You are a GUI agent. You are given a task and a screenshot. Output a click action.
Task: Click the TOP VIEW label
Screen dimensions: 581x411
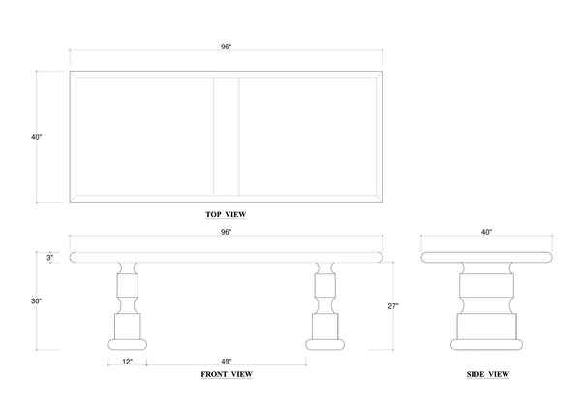click(x=226, y=214)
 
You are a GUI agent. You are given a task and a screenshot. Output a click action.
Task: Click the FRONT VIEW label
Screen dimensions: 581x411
click(x=227, y=374)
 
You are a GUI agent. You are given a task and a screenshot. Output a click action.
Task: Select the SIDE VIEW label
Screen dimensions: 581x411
click(x=488, y=374)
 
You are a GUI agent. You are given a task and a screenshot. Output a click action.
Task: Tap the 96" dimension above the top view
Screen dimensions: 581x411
click(x=226, y=47)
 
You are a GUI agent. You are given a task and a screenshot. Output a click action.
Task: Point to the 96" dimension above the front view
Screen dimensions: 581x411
click(x=226, y=232)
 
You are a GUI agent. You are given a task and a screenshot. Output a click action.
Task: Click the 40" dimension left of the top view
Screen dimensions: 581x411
click(x=37, y=137)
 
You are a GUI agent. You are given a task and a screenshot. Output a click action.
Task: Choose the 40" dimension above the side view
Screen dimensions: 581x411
click(x=486, y=232)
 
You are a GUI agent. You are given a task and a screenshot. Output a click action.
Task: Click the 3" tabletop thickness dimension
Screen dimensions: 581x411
click(x=50, y=258)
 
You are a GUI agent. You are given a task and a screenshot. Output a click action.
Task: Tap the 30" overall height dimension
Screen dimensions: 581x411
click(x=37, y=301)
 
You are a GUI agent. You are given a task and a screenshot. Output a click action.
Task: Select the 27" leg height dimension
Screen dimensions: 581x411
click(x=393, y=306)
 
